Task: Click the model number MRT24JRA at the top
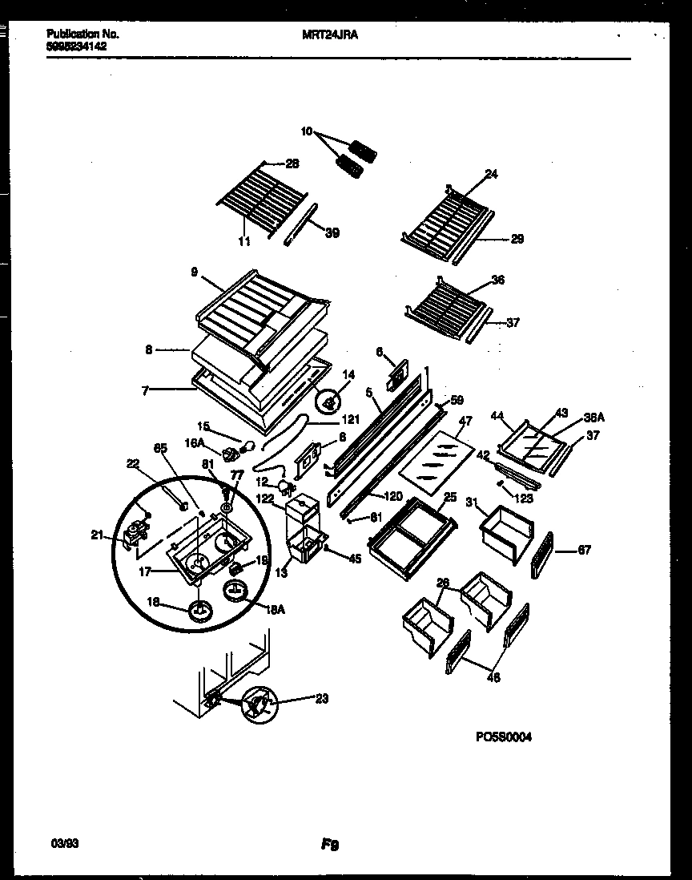(331, 34)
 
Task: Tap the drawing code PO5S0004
(504, 737)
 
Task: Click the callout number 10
(307, 132)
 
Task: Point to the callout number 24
(491, 173)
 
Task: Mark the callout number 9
(195, 271)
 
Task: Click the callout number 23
(321, 698)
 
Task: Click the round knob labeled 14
(328, 394)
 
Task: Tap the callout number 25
(449, 498)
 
